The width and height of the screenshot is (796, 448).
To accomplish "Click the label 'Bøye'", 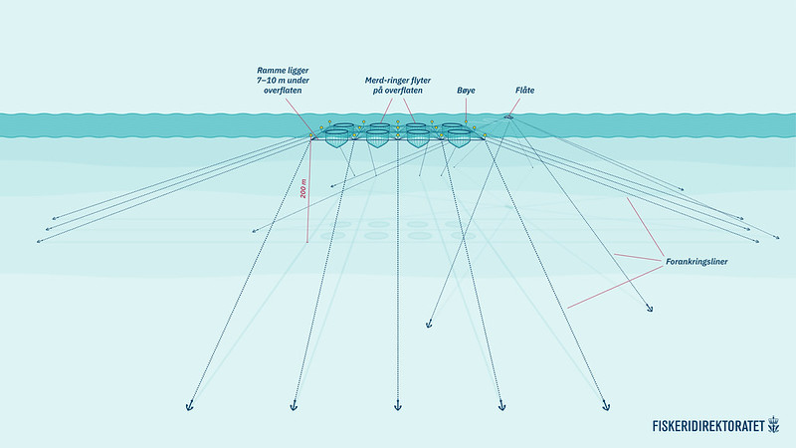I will point(466,91).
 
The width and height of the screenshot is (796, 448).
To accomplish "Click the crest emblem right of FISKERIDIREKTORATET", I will point(773,425).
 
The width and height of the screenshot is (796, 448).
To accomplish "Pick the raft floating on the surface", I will point(508,117).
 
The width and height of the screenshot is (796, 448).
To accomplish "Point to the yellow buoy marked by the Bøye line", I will point(466,122).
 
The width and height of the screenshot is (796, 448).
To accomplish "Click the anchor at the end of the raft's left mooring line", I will point(430,324).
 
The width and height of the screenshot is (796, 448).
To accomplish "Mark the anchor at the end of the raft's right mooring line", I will point(650,310).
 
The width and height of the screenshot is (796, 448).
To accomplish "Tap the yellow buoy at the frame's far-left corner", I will point(311,133).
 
